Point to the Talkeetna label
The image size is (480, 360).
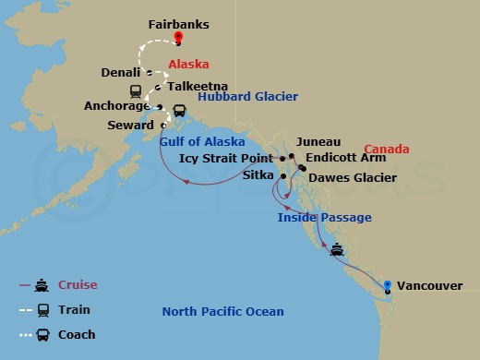[197, 88]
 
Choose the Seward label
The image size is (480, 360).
[130, 125]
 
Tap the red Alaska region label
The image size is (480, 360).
[188, 65]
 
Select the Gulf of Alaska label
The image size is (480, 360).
[203, 141]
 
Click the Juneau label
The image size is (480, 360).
[319, 141]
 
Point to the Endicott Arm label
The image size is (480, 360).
[346, 158]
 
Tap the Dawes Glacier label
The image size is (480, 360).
[353, 177]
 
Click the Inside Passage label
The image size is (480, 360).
[325, 217]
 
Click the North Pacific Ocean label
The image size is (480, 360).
[222, 311]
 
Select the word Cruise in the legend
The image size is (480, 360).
[78, 285]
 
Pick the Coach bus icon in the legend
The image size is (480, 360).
[42, 334]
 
